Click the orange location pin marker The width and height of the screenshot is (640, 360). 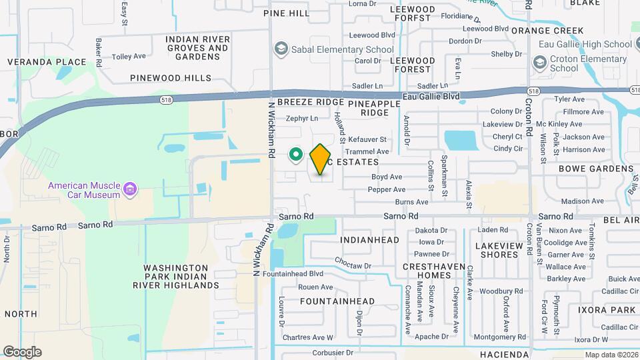coord(320,159)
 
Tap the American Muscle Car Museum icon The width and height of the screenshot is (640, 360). coord(130,190)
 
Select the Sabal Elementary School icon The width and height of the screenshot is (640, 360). coord(281,49)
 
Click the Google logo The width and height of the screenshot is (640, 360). coord(21,352)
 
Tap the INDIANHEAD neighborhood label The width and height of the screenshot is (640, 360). coord(369,240)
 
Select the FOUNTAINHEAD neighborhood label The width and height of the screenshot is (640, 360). coord(337,301)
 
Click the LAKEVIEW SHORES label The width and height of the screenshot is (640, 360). coord(497,250)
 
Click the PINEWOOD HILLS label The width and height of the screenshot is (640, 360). coord(171,78)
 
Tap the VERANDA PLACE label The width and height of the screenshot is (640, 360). coord(47,62)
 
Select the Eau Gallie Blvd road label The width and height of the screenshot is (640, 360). coord(432,97)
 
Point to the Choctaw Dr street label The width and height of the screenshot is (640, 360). coord(353,263)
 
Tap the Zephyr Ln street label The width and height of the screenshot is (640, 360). coord(302,118)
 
